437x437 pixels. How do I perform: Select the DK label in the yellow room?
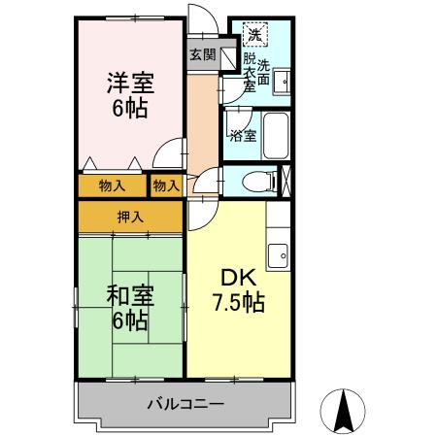[x=239, y=278]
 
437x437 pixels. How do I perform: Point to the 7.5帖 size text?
[x=239, y=302]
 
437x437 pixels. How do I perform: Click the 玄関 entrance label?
[x=202, y=54]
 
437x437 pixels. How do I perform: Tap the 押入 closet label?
[x=130, y=217]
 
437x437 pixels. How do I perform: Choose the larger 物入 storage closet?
[x=112, y=185]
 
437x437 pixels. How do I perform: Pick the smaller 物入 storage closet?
[x=166, y=185]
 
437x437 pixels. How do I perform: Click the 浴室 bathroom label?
[x=243, y=136]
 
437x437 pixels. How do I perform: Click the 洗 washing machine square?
[x=253, y=36]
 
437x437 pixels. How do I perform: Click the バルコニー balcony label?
[x=185, y=403]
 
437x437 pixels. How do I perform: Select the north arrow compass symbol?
[x=343, y=410]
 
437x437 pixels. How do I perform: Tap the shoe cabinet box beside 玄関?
[x=228, y=58]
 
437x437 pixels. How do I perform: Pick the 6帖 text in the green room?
[x=128, y=319]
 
